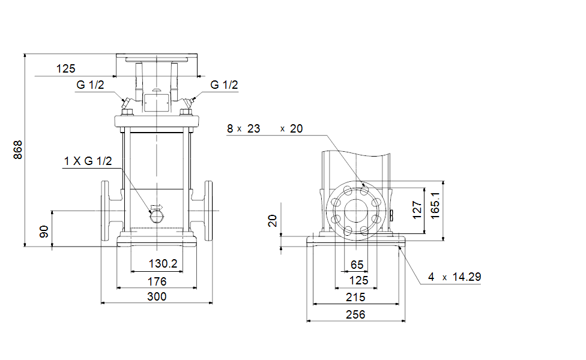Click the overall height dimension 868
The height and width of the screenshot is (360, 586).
[x=18, y=150]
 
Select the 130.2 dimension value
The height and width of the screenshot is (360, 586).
[x=163, y=263]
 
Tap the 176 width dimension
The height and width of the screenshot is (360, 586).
[x=157, y=281]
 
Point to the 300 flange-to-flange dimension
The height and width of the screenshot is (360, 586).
[x=157, y=296]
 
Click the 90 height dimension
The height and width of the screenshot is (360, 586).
[x=44, y=232]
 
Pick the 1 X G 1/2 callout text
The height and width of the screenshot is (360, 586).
[x=88, y=161]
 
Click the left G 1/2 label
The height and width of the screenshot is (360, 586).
[x=90, y=85]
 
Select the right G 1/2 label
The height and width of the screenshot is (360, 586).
[x=224, y=85]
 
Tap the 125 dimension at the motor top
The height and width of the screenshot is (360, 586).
[x=66, y=69]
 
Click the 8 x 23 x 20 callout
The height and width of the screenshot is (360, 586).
[x=265, y=128]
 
